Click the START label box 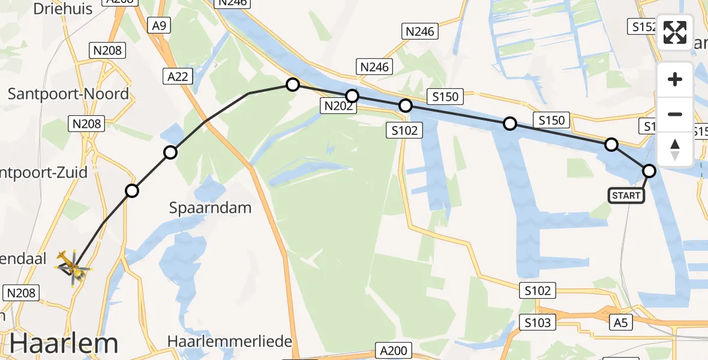(x=626, y=195)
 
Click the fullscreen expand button (x=675, y=32)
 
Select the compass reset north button (x=675, y=149)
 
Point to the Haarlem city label (x=63, y=344)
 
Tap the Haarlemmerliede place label (x=229, y=341)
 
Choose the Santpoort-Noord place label (x=68, y=94)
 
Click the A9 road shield (x=158, y=26)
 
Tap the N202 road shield (x=339, y=106)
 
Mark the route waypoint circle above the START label (x=649, y=171)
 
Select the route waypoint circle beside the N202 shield (x=352, y=96)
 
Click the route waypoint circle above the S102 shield (x=406, y=106)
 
